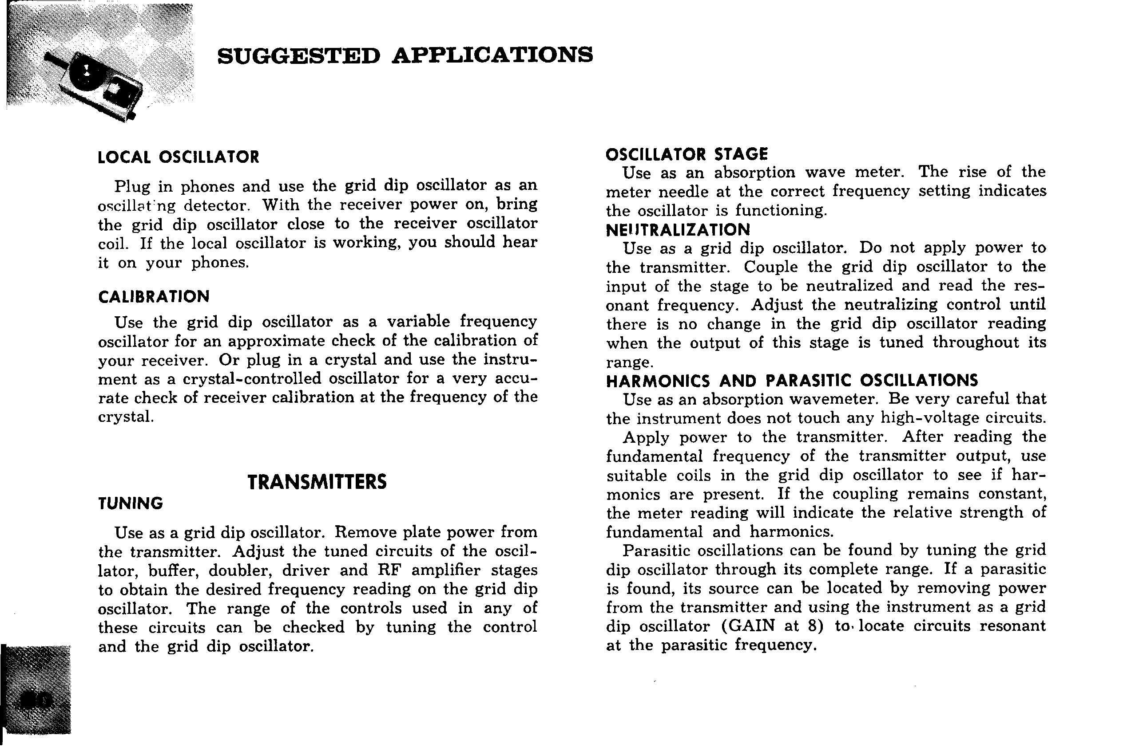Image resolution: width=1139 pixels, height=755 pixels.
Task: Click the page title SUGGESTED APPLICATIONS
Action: coord(405,56)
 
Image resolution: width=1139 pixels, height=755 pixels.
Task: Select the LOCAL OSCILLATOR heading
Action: coord(179,157)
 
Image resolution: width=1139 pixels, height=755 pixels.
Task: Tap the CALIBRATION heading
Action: coord(154,297)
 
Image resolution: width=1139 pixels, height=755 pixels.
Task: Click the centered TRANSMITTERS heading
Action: coord(317,482)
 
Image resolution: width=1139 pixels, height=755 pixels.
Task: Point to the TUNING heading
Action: coord(131,503)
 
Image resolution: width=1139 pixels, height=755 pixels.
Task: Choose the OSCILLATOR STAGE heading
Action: coord(687,154)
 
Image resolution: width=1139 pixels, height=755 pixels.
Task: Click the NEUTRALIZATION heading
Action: coord(678,230)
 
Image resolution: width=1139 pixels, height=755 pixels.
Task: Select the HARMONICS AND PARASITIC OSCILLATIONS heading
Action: coord(792,381)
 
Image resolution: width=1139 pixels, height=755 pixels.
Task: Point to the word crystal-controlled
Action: coord(252,379)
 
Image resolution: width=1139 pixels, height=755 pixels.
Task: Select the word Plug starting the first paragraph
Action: coord(131,187)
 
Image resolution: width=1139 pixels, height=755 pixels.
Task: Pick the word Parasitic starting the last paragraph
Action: coord(655,551)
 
